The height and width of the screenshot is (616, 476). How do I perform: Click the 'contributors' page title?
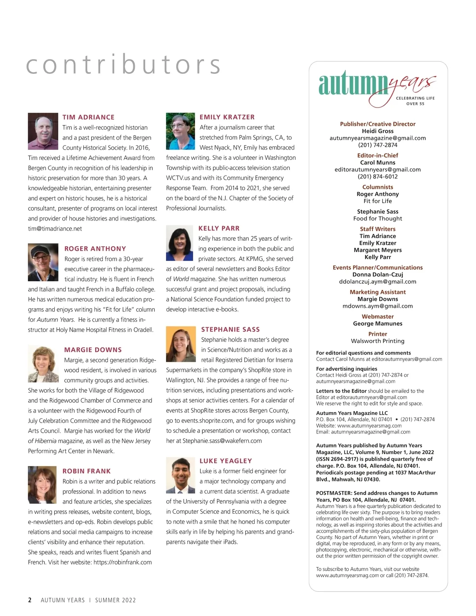[x=123, y=65]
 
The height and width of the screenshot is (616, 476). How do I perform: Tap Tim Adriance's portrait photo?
[x=43, y=131]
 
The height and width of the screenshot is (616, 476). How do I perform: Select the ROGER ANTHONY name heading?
[x=95, y=249]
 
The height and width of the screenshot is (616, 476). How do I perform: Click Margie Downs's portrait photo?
[x=43, y=364]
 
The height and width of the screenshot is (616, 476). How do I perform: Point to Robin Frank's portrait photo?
[x=42, y=485]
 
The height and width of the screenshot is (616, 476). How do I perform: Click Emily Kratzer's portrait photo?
[x=180, y=131]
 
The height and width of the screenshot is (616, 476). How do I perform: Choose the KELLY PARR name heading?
[x=219, y=228]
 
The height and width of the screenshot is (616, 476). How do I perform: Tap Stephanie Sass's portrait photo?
[x=181, y=344]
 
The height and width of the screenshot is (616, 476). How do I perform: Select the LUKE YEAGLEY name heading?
[x=226, y=461]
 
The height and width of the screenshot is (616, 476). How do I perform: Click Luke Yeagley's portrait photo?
[x=180, y=475]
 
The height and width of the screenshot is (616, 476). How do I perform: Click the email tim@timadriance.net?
[x=55, y=229]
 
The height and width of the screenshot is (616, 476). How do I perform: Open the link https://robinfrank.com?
[x=123, y=562]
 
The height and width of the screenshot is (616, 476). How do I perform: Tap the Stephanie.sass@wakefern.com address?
[x=222, y=441]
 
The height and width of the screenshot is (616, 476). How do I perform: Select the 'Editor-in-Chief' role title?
[x=378, y=155]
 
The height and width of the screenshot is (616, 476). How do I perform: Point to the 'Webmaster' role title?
[x=378, y=317]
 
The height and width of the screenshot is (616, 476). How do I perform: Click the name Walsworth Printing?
[x=378, y=341]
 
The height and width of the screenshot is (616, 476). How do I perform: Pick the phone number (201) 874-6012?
[x=378, y=177]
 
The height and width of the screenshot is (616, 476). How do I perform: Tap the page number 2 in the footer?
[x=30, y=600]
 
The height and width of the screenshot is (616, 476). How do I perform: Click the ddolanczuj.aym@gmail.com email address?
[x=378, y=282]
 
